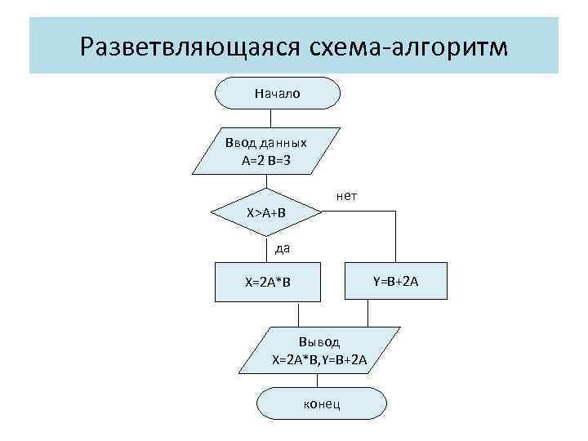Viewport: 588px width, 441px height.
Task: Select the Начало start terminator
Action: tap(278, 93)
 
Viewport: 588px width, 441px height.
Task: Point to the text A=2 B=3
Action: tap(266, 160)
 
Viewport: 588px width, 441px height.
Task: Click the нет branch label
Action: tap(345, 196)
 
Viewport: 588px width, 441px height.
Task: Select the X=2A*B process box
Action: tap(268, 283)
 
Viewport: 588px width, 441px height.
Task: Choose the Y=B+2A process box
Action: tap(395, 283)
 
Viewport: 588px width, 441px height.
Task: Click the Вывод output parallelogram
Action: tap(320, 350)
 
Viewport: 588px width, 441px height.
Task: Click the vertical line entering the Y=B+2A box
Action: tap(395, 237)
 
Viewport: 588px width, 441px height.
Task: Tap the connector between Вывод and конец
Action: tap(321, 381)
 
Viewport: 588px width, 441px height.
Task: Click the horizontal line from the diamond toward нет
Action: tap(359, 213)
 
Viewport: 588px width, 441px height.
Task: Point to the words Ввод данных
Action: tap(266, 143)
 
